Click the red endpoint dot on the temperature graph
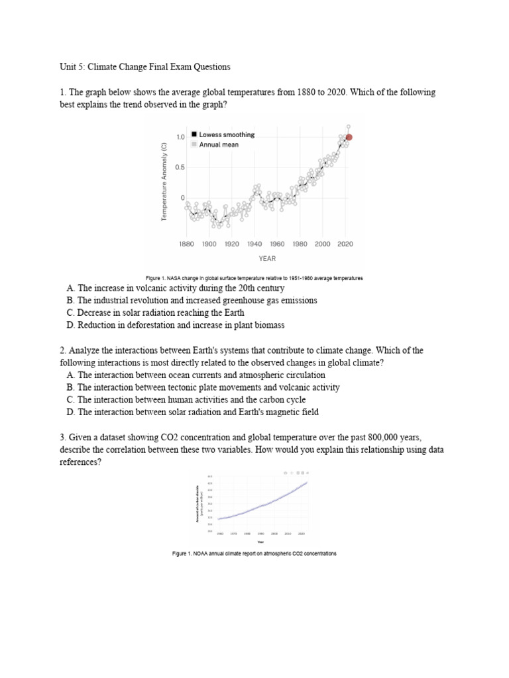coord(349,138)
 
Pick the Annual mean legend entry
coord(219,144)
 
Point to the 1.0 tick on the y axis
coord(180,137)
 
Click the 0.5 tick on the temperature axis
coord(180,168)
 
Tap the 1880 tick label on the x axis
coord(186,244)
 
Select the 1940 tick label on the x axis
coord(254,244)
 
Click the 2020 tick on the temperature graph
coord(345,244)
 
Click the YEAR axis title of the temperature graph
coord(267,258)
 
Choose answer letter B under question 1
coord(70,301)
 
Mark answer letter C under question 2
coord(70,400)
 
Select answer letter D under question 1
coord(70,325)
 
